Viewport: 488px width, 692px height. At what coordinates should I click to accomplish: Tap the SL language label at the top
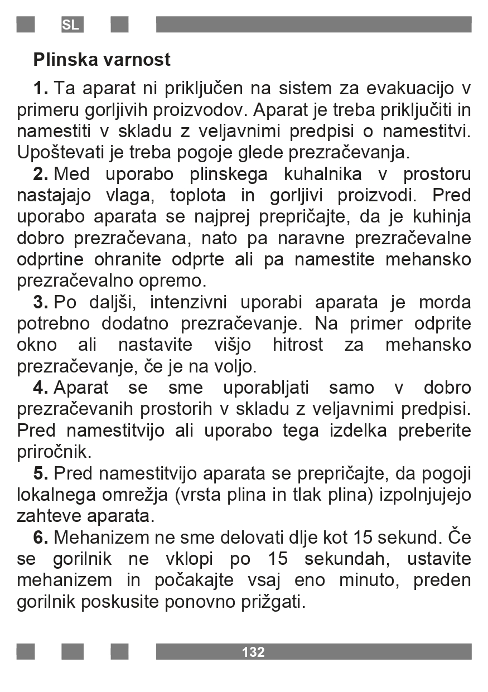click(x=71, y=25)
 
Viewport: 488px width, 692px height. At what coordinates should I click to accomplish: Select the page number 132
click(x=253, y=652)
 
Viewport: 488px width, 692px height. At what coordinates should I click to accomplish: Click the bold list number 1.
click(x=41, y=88)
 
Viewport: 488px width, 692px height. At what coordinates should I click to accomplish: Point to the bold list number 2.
click(x=41, y=174)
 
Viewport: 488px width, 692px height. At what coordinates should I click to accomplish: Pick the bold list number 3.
click(x=41, y=302)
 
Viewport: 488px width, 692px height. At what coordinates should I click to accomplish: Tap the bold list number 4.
click(x=41, y=388)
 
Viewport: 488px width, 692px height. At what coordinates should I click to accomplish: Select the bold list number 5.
click(x=41, y=473)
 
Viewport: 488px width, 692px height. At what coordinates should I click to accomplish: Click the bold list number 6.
click(x=41, y=538)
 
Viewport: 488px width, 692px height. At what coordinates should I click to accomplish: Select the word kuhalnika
click(x=323, y=174)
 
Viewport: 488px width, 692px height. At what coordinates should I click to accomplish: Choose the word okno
click(x=36, y=345)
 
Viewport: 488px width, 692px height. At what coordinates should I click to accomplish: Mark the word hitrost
click(x=298, y=345)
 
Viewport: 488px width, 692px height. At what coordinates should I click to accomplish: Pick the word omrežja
click(x=132, y=495)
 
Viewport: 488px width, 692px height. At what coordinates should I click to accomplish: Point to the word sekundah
click(x=344, y=559)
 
